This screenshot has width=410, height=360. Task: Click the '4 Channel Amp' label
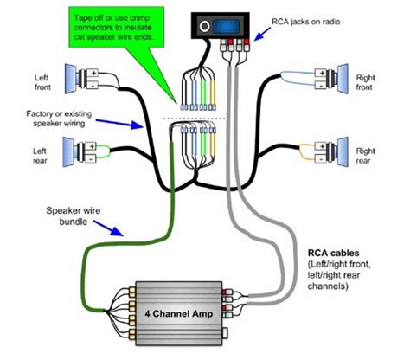[179, 313]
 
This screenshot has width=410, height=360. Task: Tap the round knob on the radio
[205, 26]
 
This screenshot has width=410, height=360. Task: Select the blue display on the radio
[227, 27]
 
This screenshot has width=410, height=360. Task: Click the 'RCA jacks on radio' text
[306, 22]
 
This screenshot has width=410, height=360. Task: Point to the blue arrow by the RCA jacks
[262, 34]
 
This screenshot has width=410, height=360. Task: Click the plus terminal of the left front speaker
[93, 73]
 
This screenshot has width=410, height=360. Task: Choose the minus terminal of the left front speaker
[93, 86]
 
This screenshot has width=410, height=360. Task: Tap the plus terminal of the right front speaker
[320, 73]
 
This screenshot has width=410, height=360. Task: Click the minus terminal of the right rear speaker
[320, 158]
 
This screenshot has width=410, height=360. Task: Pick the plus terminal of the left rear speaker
[91, 146]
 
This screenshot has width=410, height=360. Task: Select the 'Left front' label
[42, 82]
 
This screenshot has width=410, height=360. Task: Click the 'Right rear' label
[365, 156]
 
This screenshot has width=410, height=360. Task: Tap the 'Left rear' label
[40, 156]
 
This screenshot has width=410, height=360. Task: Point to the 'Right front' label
[365, 82]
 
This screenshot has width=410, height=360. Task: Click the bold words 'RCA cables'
[334, 253]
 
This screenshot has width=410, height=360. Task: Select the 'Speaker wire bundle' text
[74, 216]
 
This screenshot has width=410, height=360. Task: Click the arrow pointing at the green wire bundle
[109, 228]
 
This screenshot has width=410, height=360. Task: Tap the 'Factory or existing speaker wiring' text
[59, 119]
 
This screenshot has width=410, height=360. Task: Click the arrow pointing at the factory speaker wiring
[119, 124]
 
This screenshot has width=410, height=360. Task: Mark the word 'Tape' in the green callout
[83, 18]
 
